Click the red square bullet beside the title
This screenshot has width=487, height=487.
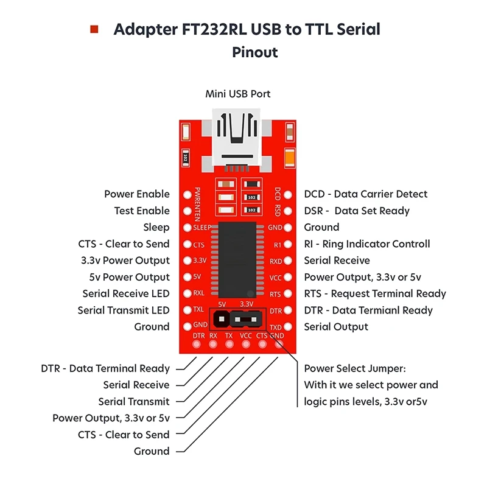(94, 29)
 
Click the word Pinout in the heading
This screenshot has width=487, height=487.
(254, 52)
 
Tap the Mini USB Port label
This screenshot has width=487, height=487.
(237, 94)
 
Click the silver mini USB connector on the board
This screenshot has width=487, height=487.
(237, 137)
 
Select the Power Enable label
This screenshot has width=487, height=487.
(136, 194)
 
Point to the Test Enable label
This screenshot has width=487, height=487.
(142, 211)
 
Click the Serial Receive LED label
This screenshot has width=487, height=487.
(125, 293)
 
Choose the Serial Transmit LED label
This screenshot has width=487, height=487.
(124, 310)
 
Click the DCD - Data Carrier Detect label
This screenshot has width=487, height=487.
(365, 194)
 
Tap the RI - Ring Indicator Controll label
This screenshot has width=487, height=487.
(366, 244)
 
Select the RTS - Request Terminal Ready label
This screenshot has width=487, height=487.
(374, 293)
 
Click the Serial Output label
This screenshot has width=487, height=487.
(335, 327)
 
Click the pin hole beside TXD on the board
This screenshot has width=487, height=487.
(289, 327)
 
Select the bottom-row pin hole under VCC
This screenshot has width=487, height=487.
(246, 345)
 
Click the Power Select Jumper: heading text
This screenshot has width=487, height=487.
(354, 369)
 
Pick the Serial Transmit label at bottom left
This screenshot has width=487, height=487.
(133, 402)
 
